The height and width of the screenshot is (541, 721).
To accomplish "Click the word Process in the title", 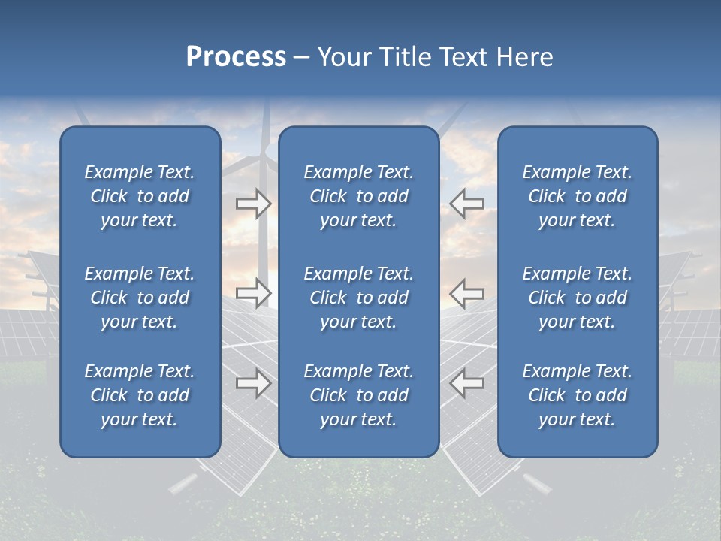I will [236, 57].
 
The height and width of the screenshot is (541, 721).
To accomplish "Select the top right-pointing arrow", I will [253, 204].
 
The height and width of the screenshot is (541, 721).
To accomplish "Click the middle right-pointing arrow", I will [253, 293].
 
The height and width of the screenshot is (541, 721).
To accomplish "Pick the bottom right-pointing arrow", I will [253, 384].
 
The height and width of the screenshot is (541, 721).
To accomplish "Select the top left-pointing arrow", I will [467, 204].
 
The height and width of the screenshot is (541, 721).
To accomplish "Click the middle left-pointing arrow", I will [467, 293].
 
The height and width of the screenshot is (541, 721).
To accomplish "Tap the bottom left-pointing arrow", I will [467, 384].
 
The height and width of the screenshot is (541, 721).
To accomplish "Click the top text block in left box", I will [140, 196].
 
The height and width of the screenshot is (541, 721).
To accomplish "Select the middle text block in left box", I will [140, 298].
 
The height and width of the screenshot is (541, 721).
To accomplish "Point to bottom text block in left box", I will [140, 395].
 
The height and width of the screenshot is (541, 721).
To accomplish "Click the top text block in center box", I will [358, 196].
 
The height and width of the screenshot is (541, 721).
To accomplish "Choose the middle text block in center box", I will [358, 298].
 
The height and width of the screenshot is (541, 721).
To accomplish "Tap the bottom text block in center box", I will [358, 395].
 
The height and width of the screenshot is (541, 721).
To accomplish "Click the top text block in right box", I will [577, 196].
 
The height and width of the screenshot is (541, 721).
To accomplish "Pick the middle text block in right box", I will [577, 298].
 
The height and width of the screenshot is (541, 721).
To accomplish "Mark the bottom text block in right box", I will [577, 395].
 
